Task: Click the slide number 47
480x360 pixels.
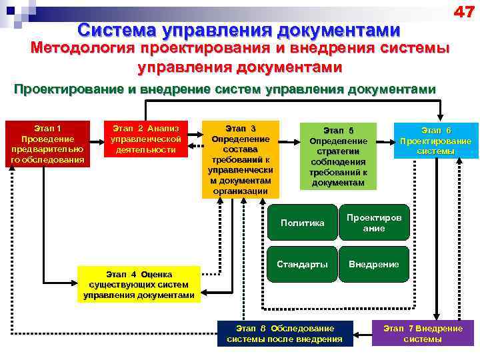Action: pos(464,11)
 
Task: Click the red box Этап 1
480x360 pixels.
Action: pos(47,143)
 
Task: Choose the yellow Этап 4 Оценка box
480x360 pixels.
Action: pos(139,285)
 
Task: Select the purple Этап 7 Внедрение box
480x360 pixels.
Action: pos(422,333)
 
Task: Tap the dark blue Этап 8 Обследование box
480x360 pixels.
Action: pos(285,333)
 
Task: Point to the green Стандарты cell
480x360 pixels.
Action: pos(303,264)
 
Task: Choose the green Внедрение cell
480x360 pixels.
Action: pos(373,264)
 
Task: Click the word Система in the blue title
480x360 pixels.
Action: pos(118,30)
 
